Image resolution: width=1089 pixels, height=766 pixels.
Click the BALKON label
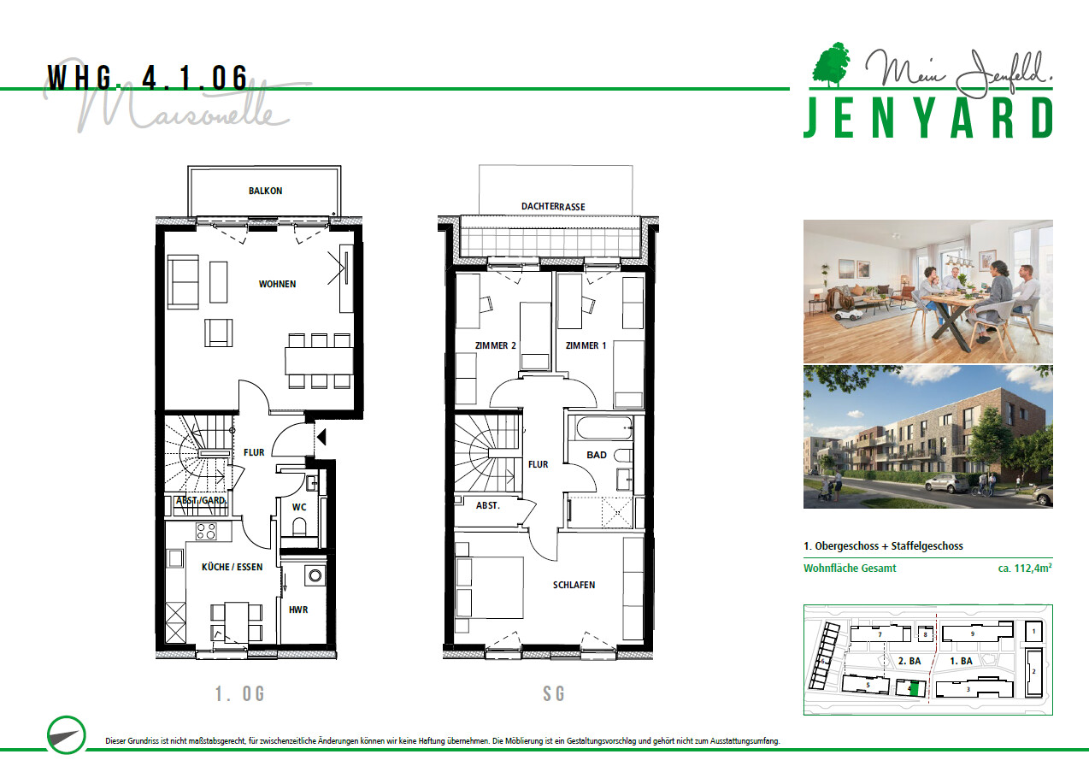pos(265,191)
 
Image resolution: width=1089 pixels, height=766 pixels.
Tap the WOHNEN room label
pos(277,284)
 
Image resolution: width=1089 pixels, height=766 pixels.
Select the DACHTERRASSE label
pos(553,207)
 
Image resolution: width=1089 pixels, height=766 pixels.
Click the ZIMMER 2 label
pos(496,345)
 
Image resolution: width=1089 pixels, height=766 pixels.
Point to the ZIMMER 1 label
pos(586,345)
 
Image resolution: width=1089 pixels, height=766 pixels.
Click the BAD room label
pos(597,455)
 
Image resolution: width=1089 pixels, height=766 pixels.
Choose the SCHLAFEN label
pos(574,585)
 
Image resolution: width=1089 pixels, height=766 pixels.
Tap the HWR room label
pos(298,610)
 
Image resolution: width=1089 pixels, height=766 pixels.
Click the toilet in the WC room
pos(299,527)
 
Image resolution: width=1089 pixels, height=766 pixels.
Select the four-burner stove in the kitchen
pos(206,531)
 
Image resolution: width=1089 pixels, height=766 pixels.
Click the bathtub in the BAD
pos(604,428)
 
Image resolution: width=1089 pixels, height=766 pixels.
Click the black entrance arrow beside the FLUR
pos(321,437)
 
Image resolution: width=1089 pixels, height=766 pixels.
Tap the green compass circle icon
pos(67,735)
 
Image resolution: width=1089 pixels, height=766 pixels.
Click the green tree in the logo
pos(832,65)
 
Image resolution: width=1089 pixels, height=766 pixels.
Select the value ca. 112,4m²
pos(1025,568)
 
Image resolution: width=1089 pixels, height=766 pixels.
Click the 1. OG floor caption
pos(239,694)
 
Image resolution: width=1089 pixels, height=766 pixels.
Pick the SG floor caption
pos(554,694)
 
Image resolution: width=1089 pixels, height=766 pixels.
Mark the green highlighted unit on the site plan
pos(915,688)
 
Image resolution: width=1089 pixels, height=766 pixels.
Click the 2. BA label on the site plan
pos(909,661)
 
